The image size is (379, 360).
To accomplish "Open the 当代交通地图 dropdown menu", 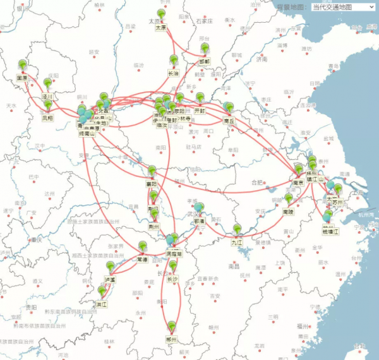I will (x=343, y=7).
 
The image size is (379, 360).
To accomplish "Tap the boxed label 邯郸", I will (x=205, y=61).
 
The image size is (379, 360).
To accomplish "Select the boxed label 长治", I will (x=173, y=73).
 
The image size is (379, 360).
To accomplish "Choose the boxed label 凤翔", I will (x=48, y=117).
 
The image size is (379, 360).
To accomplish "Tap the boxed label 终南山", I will (x=87, y=133).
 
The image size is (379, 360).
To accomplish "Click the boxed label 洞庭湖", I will (x=174, y=253).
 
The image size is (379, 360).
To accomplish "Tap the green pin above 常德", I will (x=143, y=246).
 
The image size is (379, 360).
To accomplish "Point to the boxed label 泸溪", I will (x=111, y=279).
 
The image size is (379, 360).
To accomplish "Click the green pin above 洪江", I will (x=102, y=291).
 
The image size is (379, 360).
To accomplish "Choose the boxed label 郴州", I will (x=171, y=339).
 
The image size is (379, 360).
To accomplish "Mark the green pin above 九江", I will (x=237, y=229).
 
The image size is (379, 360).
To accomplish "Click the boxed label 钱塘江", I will (x=331, y=232).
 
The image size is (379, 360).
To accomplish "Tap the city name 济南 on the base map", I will (x=262, y=59).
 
